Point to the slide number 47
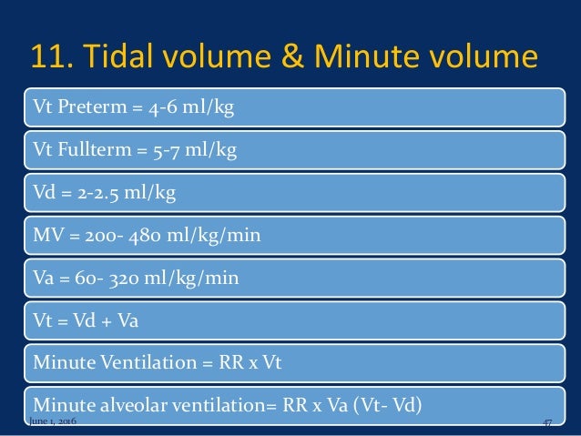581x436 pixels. pyautogui.click(x=547, y=425)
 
